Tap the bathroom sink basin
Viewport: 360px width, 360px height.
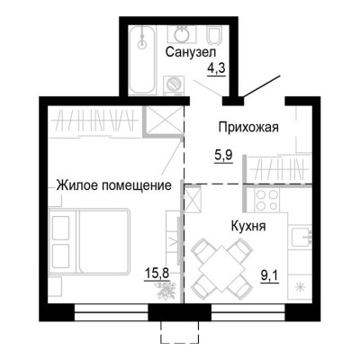(x=180, y=35)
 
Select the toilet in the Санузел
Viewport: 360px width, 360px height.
(x=216, y=36)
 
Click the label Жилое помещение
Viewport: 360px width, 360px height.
(x=113, y=185)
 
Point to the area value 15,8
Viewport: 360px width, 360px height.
(x=155, y=268)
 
